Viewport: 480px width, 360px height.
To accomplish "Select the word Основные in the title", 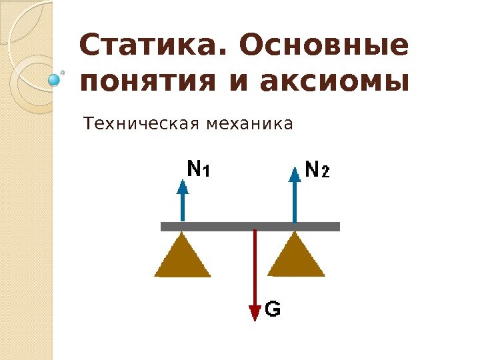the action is tap(322, 47).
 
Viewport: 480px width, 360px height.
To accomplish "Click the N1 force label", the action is tap(197, 170).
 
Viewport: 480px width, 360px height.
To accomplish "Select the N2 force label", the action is tap(316, 170).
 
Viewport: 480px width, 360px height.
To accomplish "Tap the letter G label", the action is tap(273, 309).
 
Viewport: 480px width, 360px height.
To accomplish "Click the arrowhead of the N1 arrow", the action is tap(183, 184).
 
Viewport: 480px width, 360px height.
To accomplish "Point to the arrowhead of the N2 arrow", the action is tap(295, 175).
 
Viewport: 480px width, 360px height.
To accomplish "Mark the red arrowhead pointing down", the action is tap(255, 313).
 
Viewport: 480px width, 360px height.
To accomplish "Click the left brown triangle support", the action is tap(183, 259).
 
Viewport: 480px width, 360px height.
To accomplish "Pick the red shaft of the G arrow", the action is tap(255, 267).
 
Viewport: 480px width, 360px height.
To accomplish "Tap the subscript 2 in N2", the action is tap(325, 173).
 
